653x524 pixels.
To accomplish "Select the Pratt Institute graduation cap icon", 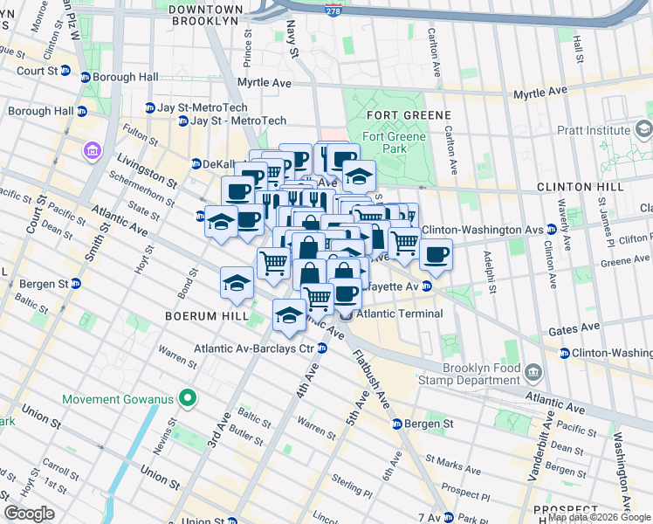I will coord(644,131).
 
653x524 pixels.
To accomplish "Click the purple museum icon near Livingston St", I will coord(92,152).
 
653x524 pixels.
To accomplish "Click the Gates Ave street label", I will coord(573,330).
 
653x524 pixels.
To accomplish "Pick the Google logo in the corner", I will coord(30,513).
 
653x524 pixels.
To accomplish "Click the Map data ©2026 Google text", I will coord(599,517).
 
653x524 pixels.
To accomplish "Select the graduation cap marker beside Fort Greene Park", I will coord(358,175).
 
